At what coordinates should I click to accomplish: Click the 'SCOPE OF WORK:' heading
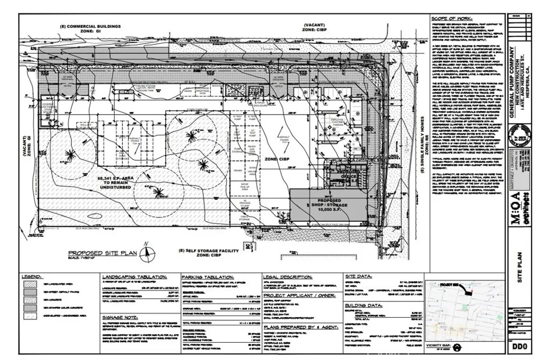(449, 17)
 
